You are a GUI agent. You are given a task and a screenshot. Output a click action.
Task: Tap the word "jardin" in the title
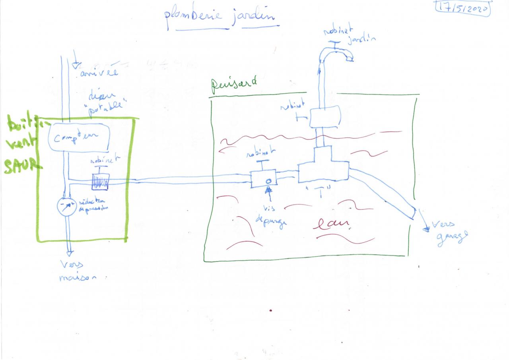(253, 17)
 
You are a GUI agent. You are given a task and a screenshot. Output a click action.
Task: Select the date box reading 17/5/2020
(463, 8)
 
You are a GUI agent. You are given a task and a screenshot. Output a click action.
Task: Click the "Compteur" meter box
(79, 137)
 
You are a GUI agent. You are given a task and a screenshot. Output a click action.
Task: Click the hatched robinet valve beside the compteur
(100, 182)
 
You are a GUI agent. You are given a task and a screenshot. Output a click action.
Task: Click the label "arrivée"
(99, 74)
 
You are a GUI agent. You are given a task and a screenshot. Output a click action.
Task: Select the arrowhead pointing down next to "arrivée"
(76, 65)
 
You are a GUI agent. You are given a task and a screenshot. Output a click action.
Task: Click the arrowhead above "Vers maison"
(69, 252)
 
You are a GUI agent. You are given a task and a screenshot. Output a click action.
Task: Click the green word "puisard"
(233, 83)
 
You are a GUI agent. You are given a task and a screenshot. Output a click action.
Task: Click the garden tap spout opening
(350, 59)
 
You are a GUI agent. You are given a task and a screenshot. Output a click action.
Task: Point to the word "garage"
(452, 238)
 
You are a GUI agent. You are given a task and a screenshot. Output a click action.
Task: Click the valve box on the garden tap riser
(325, 116)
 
